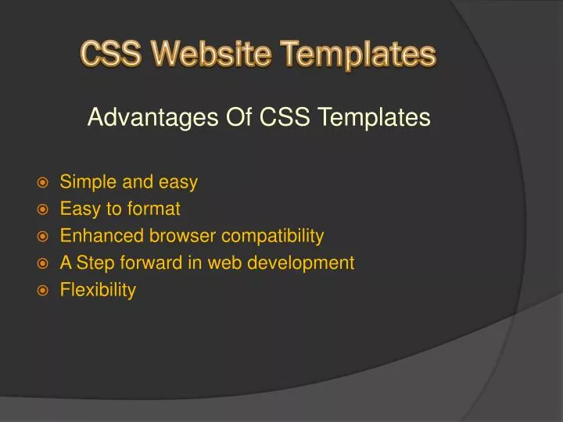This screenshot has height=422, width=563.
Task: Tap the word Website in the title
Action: click(205, 55)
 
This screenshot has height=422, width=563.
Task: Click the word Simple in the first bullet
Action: click(86, 183)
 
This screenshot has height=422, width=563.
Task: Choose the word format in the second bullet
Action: click(155, 209)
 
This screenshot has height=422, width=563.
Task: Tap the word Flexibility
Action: click(98, 290)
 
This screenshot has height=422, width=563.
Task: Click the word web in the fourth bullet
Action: click(224, 263)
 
